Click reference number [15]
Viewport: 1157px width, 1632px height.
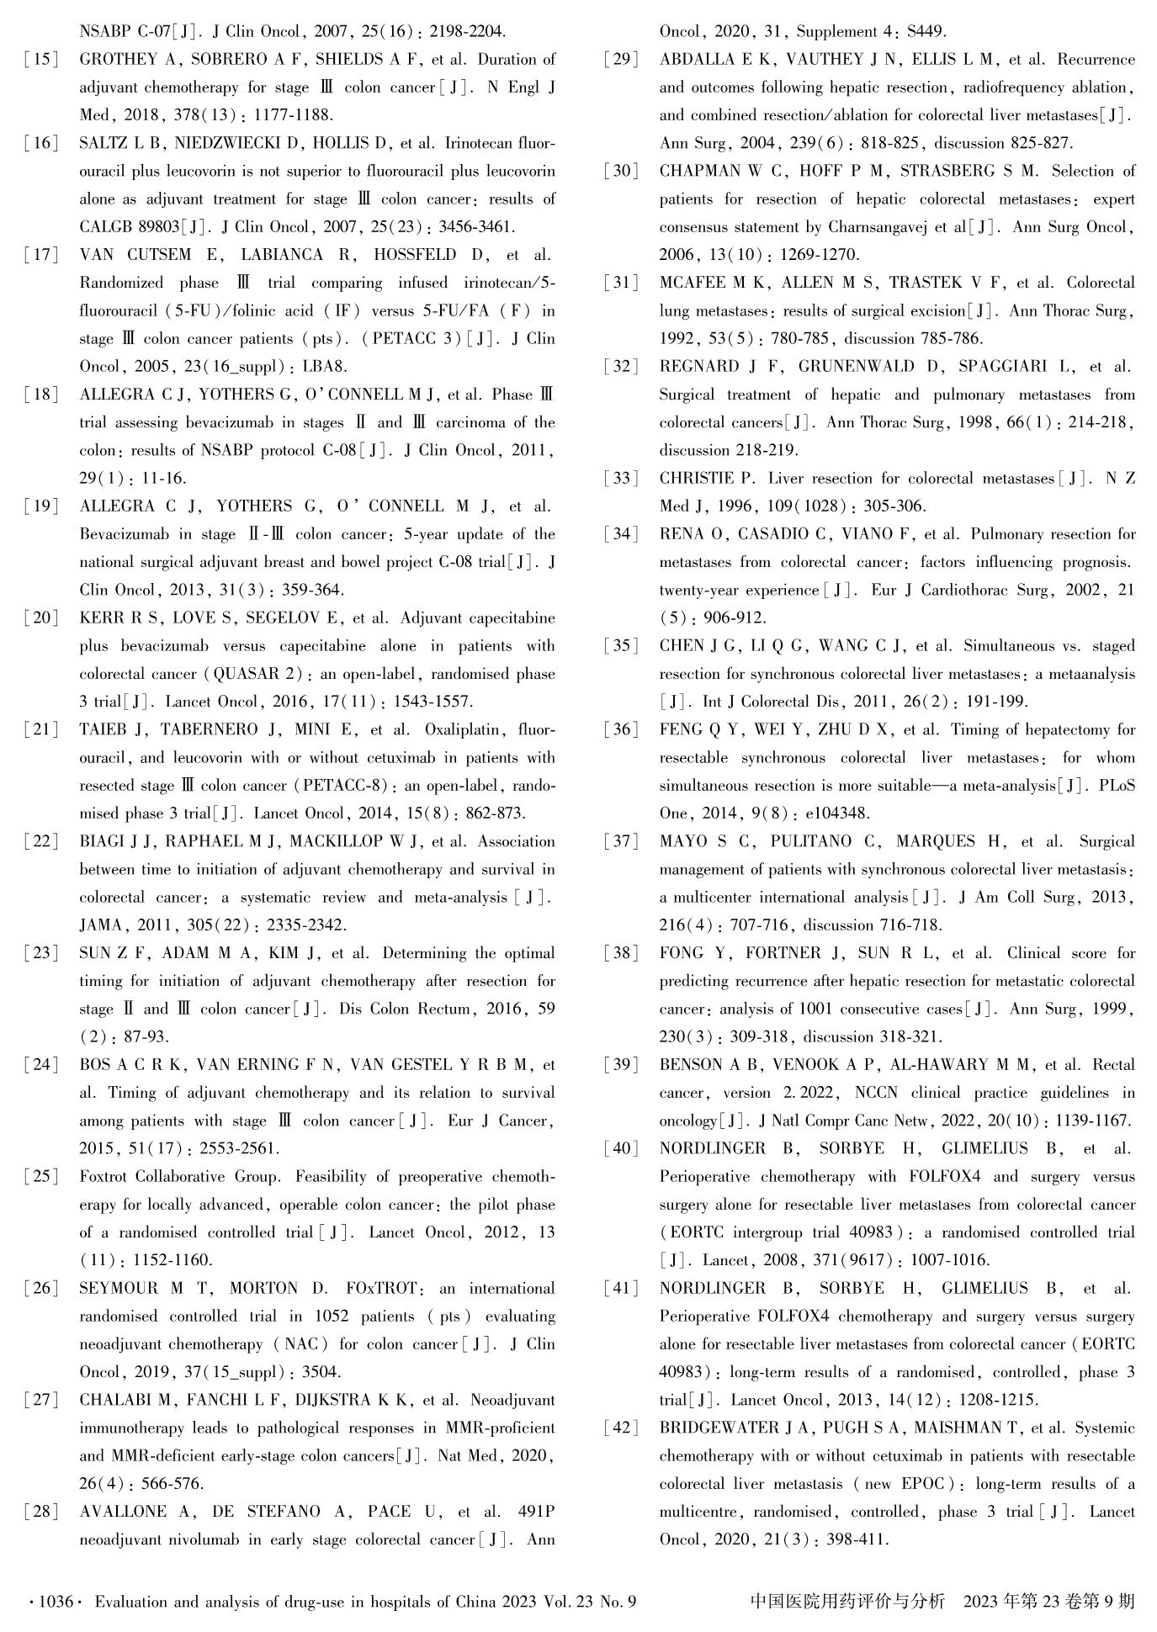click(x=41, y=60)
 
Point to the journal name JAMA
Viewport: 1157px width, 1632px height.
click(x=101, y=925)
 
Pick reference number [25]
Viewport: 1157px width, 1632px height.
click(x=41, y=1176)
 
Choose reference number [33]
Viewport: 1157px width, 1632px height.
click(x=621, y=479)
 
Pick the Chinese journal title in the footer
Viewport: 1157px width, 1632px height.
click(x=847, y=1601)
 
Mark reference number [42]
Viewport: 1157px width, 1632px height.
click(x=621, y=1428)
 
